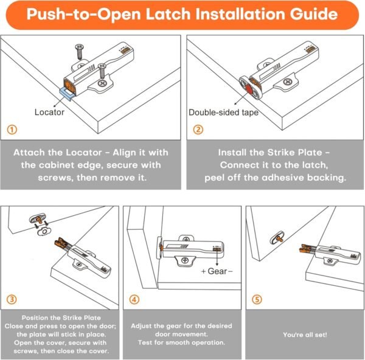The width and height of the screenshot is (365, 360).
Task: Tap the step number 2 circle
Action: coord(198,130)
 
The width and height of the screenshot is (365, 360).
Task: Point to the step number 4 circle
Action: coord(134,299)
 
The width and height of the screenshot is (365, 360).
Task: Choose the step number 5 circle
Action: coord(257,299)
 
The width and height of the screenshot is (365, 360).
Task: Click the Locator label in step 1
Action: coord(49,112)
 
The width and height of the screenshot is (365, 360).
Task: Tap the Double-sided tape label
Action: coord(223,112)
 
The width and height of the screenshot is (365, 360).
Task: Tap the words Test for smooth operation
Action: coord(181,342)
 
